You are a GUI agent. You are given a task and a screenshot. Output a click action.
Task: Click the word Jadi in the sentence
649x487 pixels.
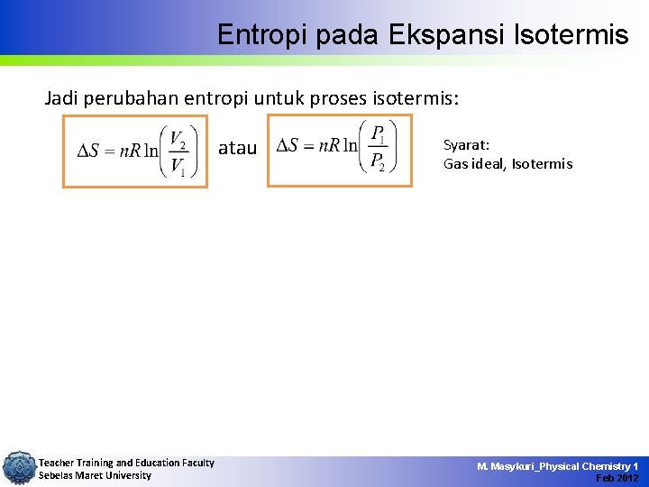click(62, 97)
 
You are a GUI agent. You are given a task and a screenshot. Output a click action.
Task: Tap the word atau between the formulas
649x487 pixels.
click(237, 148)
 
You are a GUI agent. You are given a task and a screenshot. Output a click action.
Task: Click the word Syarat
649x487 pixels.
click(466, 144)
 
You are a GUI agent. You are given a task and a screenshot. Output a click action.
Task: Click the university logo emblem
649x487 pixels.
click(18, 468)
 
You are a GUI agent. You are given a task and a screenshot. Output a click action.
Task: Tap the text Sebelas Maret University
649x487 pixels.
click(95, 475)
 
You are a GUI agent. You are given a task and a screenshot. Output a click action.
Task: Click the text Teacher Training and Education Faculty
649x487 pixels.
click(126, 463)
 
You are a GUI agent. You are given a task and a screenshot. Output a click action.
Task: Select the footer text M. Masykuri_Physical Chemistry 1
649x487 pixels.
click(557, 465)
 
